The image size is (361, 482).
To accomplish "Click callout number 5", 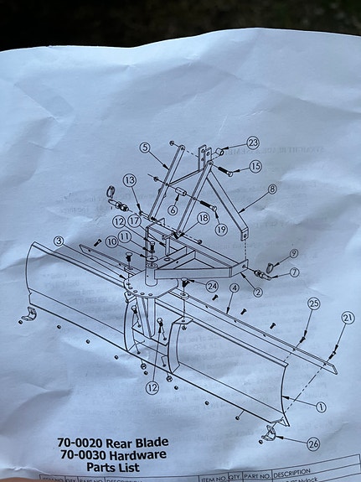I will (145, 148).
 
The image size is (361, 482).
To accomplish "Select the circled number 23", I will (253, 143).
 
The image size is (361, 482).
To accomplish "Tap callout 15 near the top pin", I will (255, 166).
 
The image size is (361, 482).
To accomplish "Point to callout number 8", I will (272, 190).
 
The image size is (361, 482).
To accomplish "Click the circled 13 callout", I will (130, 180).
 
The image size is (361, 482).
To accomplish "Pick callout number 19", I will (221, 229).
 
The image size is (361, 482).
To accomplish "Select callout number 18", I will (203, 218).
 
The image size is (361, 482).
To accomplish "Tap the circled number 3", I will (58, 241).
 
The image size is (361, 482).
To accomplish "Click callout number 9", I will (294, 253).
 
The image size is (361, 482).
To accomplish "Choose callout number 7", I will (294, 273).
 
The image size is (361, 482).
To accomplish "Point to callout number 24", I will (213, 286).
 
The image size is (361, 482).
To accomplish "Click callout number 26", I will (313, 443).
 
